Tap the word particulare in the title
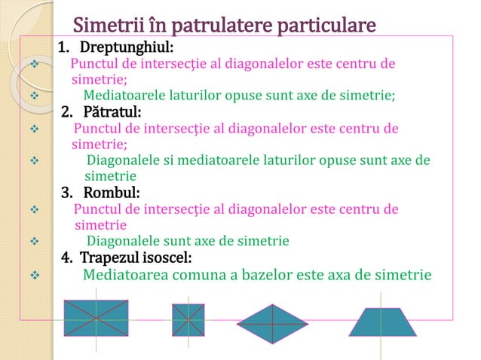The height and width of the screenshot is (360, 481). click(326, 26)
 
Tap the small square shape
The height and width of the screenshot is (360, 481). click(188, 319)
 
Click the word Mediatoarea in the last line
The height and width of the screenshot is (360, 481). click(124, 274)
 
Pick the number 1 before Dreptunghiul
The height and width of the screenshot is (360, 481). click(62, 50)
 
